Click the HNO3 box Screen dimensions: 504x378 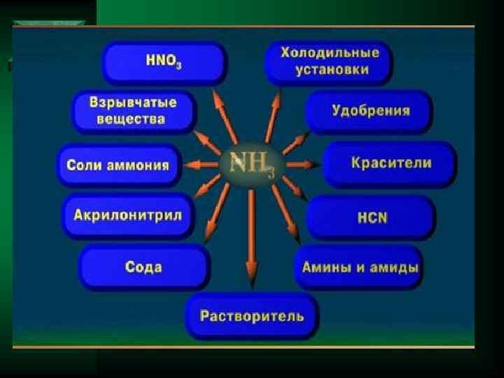164,62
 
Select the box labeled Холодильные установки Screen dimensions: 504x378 329,62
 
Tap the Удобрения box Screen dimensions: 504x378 370,111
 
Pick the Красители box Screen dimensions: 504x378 390,164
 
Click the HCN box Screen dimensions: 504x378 371,217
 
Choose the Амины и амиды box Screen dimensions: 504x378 360,267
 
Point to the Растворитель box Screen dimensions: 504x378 252,316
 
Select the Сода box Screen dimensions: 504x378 144,267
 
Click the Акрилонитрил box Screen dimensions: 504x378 127,215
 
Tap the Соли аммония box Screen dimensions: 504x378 118,165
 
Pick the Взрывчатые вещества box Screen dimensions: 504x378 133,111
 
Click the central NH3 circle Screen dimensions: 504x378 250,166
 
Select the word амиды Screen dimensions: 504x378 396,267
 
